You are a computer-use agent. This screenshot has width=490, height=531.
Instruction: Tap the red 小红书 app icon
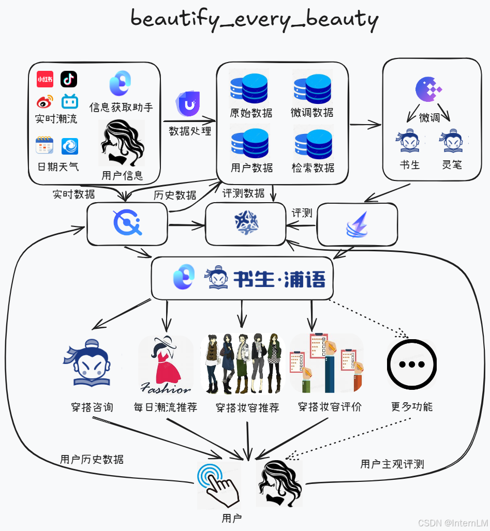point(45,80)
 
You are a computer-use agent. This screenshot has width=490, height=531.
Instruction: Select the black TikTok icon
point(69,79)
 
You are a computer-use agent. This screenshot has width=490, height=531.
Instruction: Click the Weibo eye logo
point(44,102)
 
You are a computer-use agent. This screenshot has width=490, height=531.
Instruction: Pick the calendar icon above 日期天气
point(44,146)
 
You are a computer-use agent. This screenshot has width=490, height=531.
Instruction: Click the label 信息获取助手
point(121,107)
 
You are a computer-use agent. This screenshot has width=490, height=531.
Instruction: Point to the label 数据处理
point(190,130)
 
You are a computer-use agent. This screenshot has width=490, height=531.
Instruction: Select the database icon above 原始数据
point(249,89)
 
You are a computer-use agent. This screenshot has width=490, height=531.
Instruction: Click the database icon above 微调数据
point(312,89)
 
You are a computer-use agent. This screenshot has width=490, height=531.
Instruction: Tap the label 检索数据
point(313,168)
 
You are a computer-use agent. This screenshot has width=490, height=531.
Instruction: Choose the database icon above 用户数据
point(249,145)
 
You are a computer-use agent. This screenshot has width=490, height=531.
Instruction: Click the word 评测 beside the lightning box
point(302,213)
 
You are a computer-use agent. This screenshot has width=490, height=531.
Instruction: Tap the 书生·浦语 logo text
point(279,279)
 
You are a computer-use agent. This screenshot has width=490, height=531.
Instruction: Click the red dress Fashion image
point(166,365)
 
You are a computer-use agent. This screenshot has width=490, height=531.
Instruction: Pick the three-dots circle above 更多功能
point(412,364)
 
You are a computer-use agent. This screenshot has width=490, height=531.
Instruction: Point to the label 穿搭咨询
point(92,407)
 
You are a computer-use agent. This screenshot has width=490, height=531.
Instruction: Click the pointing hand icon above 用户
point(218,484)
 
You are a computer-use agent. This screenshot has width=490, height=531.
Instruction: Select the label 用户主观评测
point(392,464)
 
